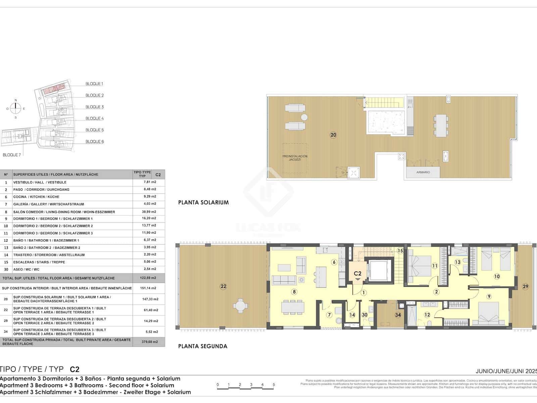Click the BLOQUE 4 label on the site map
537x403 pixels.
94,118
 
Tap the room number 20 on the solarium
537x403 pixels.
333,135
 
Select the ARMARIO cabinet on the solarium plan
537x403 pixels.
423,172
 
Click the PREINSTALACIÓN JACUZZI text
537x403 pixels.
295,158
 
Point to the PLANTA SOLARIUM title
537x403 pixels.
203,203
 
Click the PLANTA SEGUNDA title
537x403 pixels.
203,346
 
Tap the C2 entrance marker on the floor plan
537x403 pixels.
357,274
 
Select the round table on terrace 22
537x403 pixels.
240,306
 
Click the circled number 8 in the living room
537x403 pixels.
294,292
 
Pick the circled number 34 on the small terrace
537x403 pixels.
398,315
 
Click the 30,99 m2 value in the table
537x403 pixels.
149,212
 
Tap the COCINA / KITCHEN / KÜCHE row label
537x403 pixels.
36,197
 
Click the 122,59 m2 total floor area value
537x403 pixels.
149,278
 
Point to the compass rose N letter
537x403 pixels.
15,100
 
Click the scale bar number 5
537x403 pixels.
274,385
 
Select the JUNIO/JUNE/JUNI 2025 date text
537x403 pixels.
506,371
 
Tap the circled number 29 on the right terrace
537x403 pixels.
525,286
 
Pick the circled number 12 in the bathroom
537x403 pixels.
427,315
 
